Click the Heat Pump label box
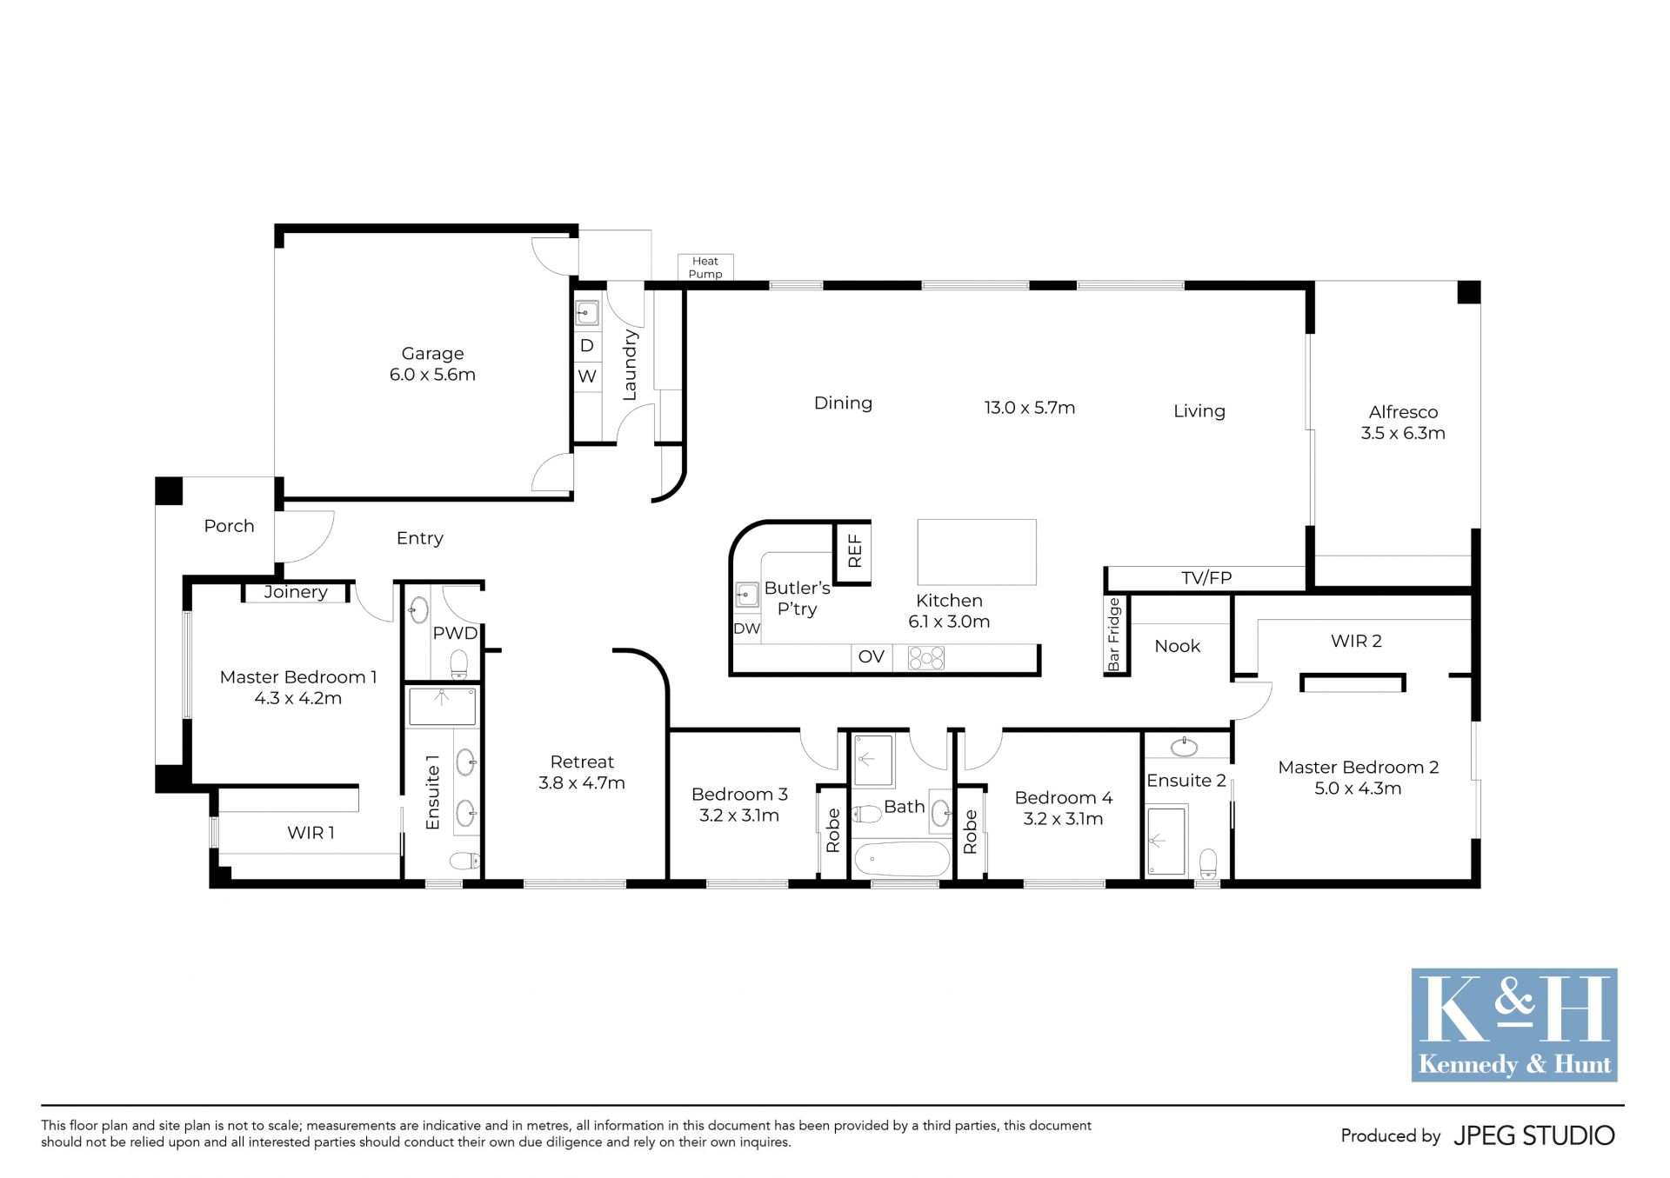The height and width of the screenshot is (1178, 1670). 705,267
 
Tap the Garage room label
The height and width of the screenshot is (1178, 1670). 432,354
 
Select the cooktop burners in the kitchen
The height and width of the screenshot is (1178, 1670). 926,658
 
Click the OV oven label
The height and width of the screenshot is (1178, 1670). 871,657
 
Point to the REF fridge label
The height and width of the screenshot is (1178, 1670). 854,551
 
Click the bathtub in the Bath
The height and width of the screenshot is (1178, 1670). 902,860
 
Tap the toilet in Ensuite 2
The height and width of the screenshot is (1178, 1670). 1208,863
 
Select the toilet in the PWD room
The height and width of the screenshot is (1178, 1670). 459,665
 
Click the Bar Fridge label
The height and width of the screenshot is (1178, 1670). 1113,635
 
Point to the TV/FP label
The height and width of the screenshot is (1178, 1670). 1206,578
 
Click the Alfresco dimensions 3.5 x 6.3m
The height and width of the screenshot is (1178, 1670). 1403,433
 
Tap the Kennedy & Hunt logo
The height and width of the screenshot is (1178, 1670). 1514,1025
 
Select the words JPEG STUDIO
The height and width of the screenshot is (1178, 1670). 1534,1135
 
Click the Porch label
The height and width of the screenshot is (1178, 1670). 229,526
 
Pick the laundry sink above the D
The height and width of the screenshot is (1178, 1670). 587,312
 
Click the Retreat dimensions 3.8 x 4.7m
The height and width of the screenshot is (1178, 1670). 582,782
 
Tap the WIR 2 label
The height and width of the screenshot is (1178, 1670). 1356,642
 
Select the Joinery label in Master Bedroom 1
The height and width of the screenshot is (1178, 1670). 296,592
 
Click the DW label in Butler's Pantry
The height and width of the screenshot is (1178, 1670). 747,629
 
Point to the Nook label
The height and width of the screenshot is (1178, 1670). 1177,646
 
